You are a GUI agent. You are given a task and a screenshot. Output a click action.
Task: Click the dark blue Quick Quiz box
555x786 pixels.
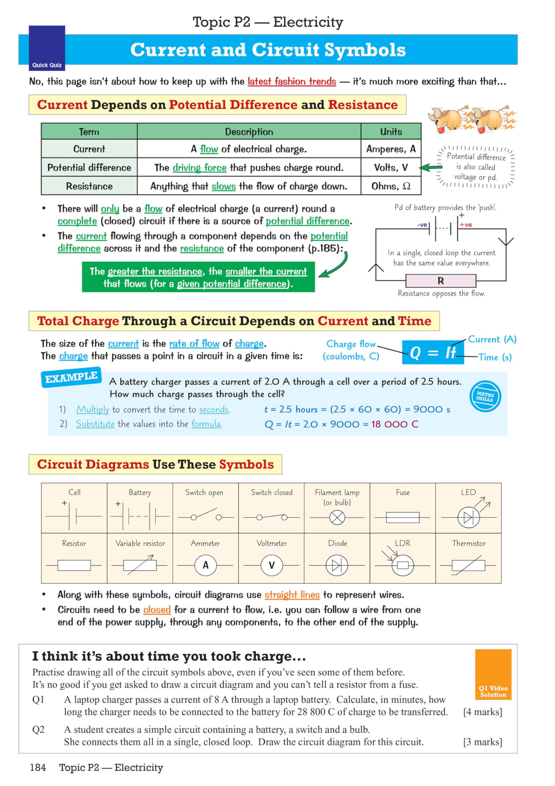47,48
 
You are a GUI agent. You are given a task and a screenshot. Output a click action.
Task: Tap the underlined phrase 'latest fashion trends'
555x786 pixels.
292,81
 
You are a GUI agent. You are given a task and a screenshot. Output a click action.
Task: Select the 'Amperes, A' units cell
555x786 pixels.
391,149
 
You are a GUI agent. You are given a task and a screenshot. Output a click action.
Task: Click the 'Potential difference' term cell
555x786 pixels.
89,167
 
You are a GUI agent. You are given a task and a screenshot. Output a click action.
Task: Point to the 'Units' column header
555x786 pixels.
391,132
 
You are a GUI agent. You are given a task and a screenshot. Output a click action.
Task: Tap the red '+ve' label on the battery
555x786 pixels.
466,225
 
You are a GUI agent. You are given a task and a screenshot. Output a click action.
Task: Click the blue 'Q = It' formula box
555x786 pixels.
433,352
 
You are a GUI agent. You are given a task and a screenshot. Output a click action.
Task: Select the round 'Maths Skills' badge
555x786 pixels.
485,396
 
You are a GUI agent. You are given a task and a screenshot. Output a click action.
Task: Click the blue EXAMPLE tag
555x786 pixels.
71,377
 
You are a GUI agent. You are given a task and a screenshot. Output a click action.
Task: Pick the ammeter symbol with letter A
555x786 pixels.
205,565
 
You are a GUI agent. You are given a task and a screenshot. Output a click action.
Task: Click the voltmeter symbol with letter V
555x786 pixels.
271,565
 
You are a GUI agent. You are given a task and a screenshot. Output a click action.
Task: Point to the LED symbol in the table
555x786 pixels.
469,517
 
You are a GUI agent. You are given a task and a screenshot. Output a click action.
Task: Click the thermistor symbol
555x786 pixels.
468,565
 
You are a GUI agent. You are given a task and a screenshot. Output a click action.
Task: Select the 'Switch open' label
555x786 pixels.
204,492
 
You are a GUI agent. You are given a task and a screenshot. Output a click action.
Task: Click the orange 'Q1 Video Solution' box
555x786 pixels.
493,674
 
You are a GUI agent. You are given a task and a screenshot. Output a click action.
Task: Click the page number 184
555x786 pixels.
38,768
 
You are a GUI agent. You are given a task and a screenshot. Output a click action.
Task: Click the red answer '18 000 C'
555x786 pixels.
395,424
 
